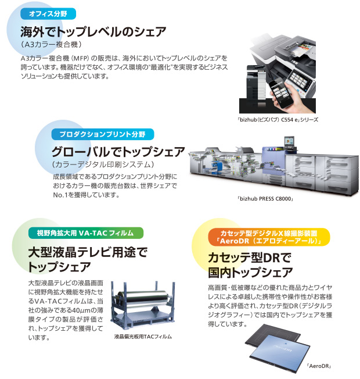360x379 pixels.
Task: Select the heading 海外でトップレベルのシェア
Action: click(x=93, y=31)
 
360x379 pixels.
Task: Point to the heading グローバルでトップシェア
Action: click(x=118, y=153)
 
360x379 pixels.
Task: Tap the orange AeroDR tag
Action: click(x=269, y=237)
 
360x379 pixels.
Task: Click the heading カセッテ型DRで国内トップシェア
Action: click(x=250, y=264)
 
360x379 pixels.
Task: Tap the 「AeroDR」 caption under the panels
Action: click(x=317, y=366)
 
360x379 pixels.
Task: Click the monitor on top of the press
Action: click(x=289, y=142)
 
